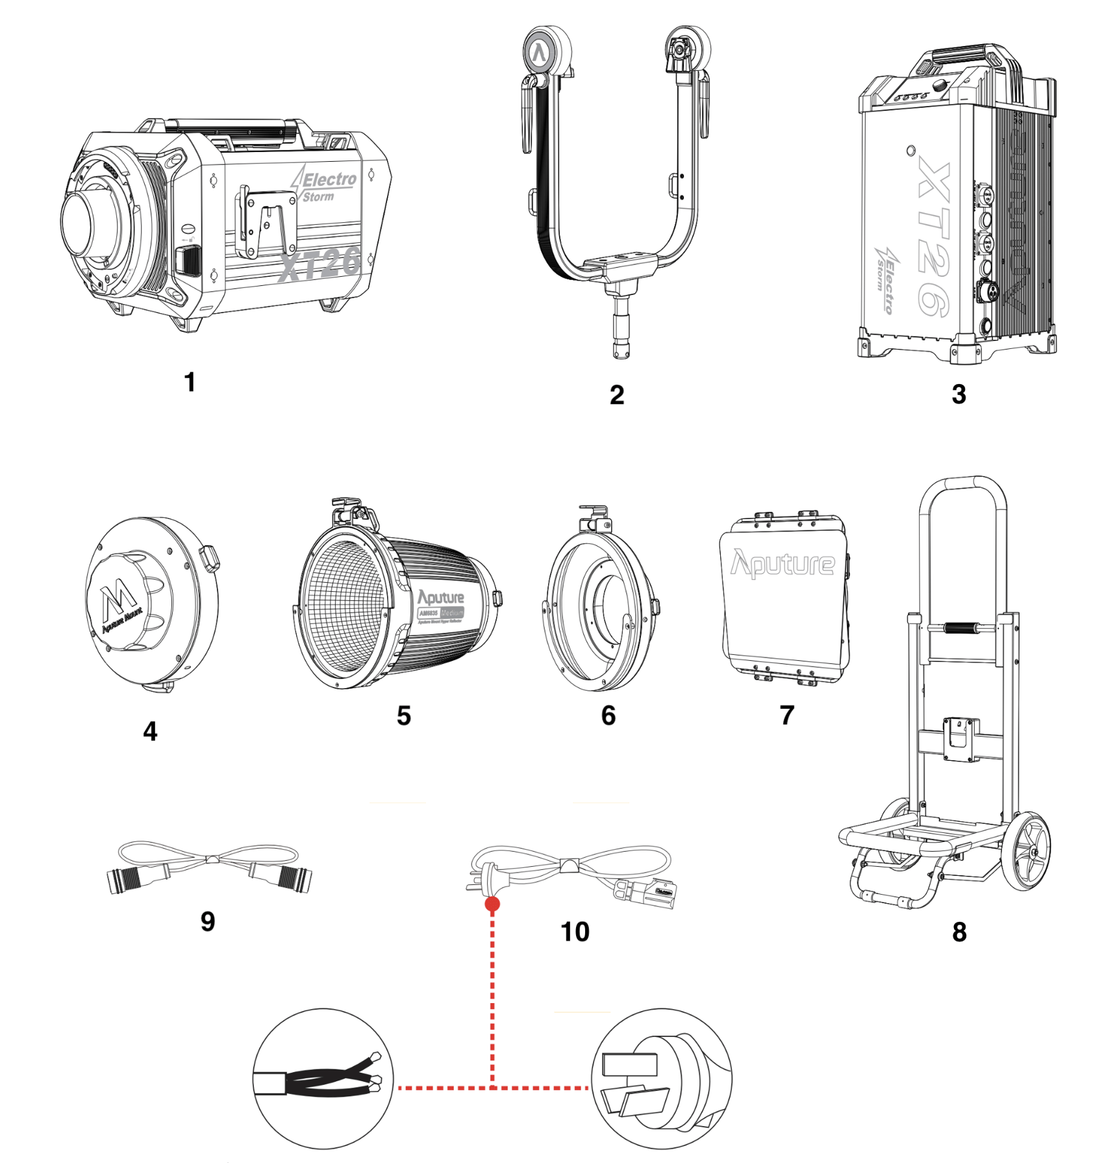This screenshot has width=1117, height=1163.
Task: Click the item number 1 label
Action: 190,382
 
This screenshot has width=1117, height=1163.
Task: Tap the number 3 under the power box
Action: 959,394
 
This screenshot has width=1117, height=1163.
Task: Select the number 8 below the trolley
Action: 959,932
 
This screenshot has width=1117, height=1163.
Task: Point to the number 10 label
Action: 575,932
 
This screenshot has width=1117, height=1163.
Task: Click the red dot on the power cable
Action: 492,904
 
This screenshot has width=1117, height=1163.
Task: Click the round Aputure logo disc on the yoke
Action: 540,52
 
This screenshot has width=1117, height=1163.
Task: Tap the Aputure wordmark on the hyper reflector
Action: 441,597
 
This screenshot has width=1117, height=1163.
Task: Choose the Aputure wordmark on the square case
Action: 783,563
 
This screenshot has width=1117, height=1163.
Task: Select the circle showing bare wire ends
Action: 323,1079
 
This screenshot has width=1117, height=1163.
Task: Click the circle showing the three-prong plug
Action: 661,1079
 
